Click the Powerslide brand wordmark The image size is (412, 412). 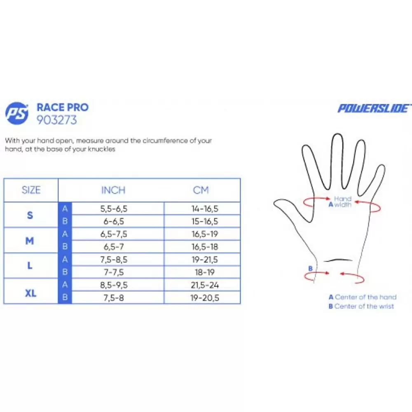(x=374, y=108)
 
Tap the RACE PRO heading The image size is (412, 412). (x=63, y=108)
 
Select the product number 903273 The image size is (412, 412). (x=57, y=120)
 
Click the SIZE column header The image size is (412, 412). (x=31, y=190)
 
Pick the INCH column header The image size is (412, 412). (x=113, y=190)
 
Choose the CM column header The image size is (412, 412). (x=201, y=190)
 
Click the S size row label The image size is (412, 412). (x=30, y=215)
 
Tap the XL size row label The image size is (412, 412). (x=30, y=293)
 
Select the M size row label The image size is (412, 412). (x=30, y=241)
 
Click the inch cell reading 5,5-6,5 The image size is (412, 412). (x=114, y=209)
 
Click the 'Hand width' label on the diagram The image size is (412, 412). (x=341, y=202)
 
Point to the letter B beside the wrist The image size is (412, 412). (x=310, y=269)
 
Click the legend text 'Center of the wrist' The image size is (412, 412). (x=364, y=306)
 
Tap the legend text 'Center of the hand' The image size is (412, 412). (x=365, y=297)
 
